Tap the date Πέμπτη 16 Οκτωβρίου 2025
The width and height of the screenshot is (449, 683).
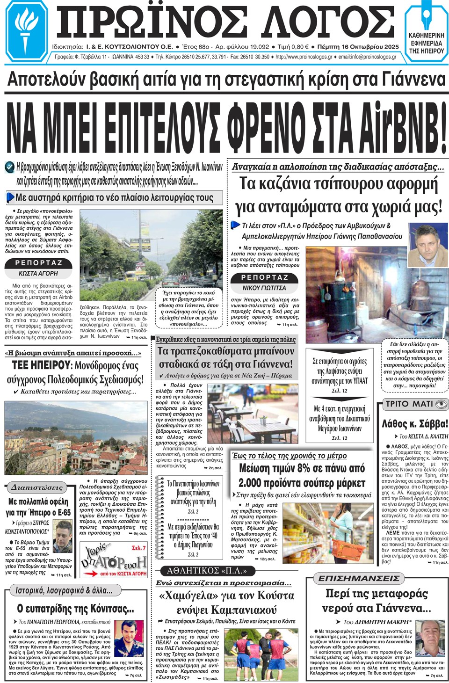pos(358,47)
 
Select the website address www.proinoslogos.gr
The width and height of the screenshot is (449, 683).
pos(304,57)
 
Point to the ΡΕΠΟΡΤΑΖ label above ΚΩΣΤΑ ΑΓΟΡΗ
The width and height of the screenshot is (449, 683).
pos(39,263)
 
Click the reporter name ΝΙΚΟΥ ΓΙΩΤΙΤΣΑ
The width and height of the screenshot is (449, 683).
pos(264,288)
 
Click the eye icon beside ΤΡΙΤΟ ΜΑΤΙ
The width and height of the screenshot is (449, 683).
pos(441,404)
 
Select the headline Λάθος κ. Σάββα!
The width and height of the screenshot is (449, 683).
pos(414,424)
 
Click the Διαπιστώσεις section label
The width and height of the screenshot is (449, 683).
pos(36,487)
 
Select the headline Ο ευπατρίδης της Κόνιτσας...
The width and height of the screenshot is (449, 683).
pos(75,609)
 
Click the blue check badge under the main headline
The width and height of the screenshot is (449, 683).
pos(9,167)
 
